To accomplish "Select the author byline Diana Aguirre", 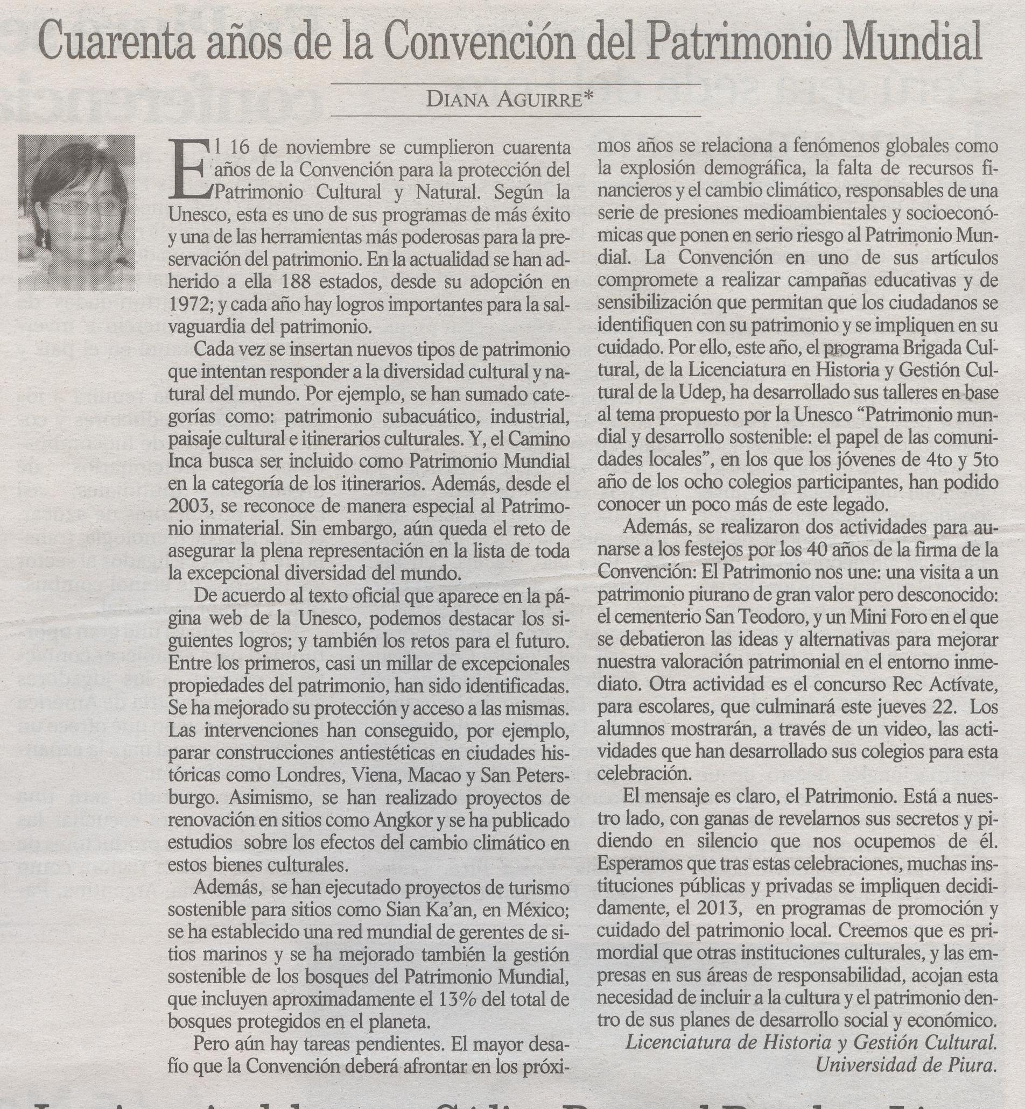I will click(510, 99).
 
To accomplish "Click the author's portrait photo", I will click(76, 213).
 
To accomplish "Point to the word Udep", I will click(707, 393).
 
